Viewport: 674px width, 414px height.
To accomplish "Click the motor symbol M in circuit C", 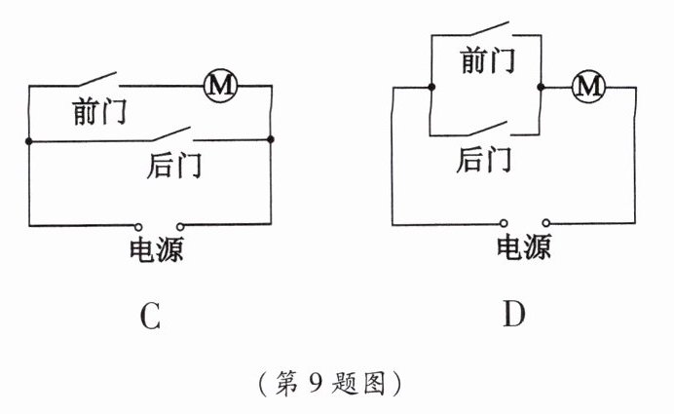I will pyautogui.click(x=220, y=86).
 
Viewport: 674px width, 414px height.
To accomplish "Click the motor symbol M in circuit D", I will pyautogui.click(x=586, y=88).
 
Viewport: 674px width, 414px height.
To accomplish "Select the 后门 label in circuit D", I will pyautogui.click(x=484, y=158).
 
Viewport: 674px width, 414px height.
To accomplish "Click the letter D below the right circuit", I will pyautogui.click(x=515, y=315).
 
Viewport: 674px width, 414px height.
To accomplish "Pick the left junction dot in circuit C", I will pyautogui.click(x=28, y=142).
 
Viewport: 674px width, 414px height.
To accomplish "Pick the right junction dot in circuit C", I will pyautogui.click(x=272, y=139).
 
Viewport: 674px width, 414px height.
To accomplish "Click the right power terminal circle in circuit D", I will pyautogui.click(x=547, y=222).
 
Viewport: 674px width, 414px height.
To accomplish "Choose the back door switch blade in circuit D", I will pyautogui.click(x=485, y=129).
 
